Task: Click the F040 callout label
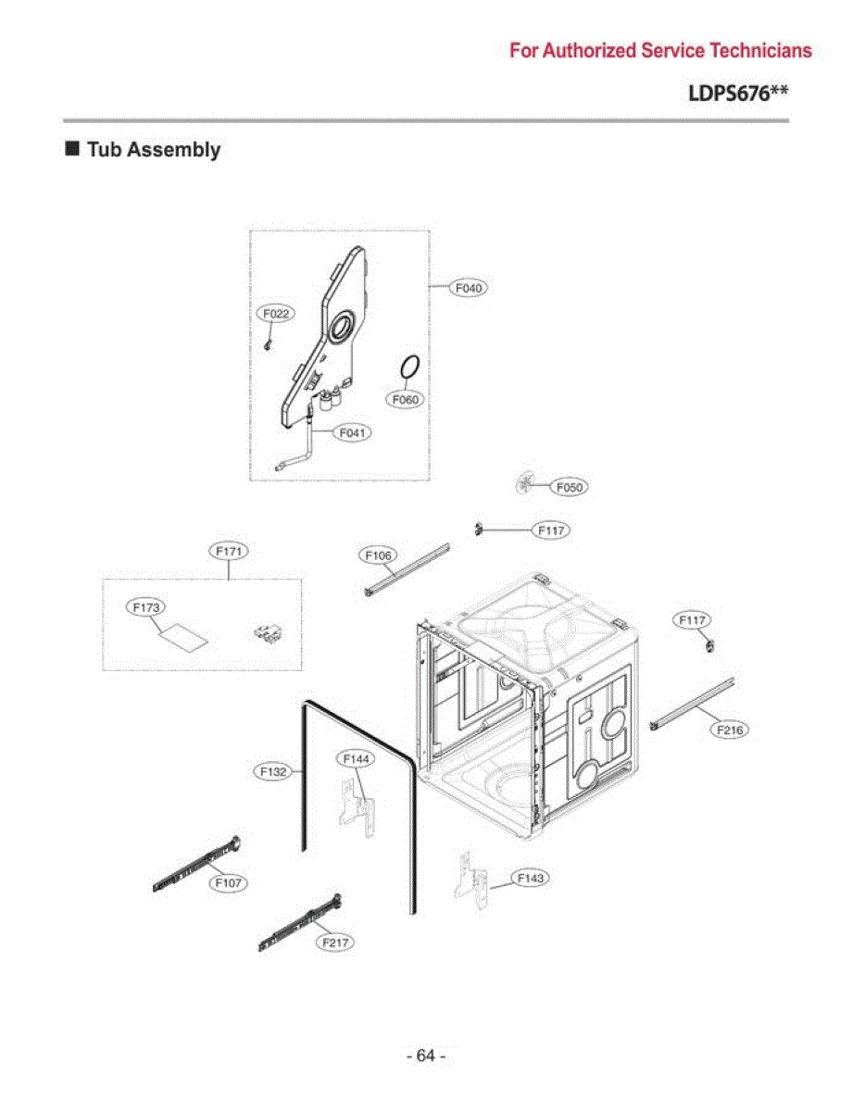[x=469, y=288]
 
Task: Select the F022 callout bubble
[x=276, y=314]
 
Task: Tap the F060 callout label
[x=405, y=399]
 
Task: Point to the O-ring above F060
[x=409, y=368]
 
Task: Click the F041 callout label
[x=352, y=433]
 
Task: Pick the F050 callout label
[x=570, y=487]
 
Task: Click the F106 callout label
[x=379, y=555]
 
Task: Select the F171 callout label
[x=229, y=551]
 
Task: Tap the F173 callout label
[x=146, y=607]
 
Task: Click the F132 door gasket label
[x=273, y=771]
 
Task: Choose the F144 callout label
[x=356, y=759]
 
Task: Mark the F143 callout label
[x=531, y=878]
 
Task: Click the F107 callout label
[x=228, y=882]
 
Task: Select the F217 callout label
[x=335, y=942]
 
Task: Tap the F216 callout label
[x=730, y=730]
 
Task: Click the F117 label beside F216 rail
[x=692, y=620]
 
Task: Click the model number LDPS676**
[x=738, y=94]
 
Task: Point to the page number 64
[x=425, y=1055]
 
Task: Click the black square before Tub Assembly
[x=72, y=149]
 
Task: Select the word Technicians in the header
[x=761, y=51]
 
